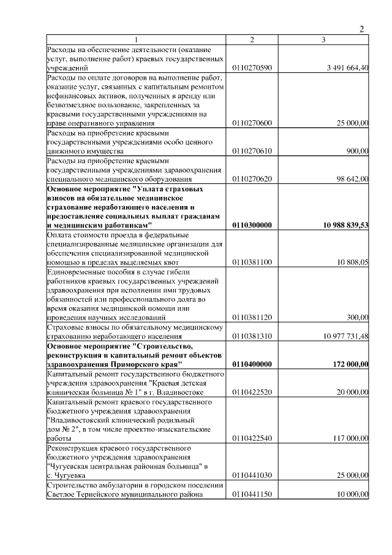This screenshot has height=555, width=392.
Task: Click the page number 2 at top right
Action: [361, 29]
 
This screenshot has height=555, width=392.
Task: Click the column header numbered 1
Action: [137, 40]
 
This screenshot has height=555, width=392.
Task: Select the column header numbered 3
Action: [323, 40]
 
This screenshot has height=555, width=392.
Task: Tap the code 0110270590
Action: [252, 67]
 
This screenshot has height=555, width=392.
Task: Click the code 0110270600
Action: [252, 123]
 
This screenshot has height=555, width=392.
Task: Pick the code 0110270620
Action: [252, 178]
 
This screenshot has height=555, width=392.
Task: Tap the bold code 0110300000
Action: [252, 225]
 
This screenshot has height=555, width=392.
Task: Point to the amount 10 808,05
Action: [351, 262]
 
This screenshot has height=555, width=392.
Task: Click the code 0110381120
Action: [252, 317]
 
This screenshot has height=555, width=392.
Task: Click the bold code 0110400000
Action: [252, 364]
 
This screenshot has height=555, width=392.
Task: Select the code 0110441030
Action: [252, 475]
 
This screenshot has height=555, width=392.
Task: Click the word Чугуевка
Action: [67, 475]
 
